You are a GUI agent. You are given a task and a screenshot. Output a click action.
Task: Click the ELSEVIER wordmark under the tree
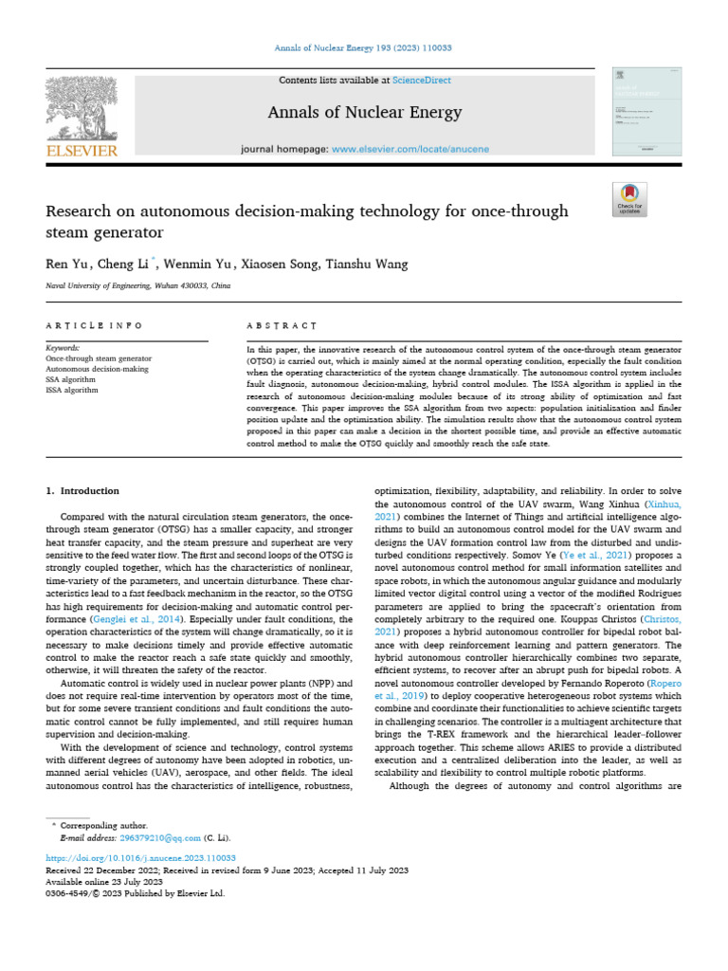(82, 151)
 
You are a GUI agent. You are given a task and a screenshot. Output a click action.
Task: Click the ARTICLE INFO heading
(94, 325)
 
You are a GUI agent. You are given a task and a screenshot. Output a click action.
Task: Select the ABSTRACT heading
(282, 325)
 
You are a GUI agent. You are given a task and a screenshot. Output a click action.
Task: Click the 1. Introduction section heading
(83, 491)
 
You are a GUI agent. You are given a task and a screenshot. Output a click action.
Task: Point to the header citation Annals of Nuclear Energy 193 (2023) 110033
(364, 47)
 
